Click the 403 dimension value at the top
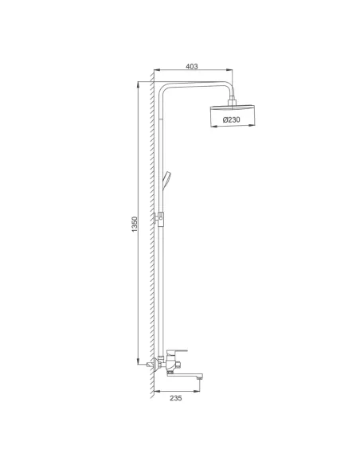[191, 66]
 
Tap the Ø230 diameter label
[232, 119]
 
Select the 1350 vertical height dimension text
[135, 225]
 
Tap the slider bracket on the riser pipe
[162, 217]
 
